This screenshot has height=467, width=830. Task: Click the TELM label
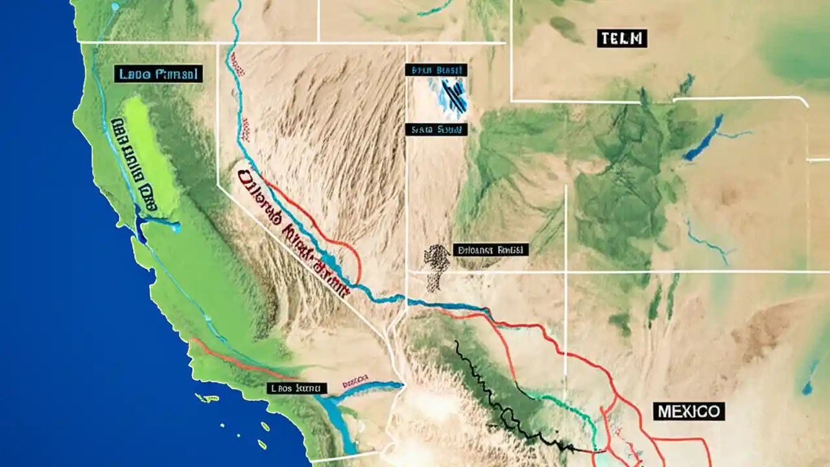622,38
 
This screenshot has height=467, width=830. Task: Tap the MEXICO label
688,411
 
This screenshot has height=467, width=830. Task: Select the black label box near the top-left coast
159,73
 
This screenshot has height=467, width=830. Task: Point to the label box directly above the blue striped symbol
436,70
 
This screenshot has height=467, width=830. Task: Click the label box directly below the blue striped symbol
436,130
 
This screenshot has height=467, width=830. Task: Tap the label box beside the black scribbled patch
491,249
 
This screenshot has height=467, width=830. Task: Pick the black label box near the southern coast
297,389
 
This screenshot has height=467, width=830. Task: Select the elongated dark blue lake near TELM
703,138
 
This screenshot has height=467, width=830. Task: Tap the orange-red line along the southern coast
233,360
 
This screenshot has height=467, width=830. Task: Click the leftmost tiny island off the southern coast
207,398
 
